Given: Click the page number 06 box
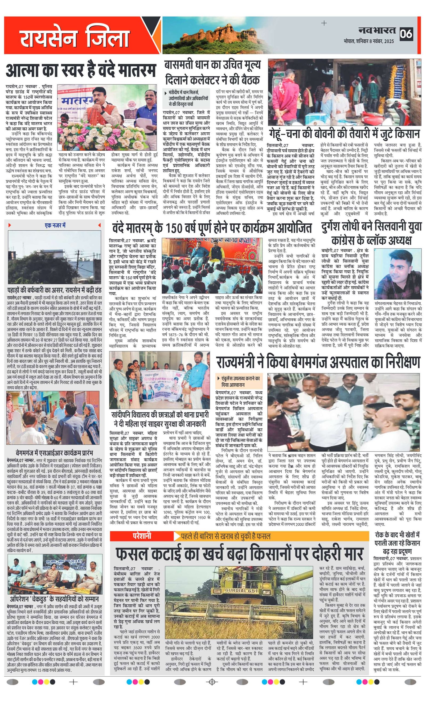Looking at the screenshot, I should (406, 34).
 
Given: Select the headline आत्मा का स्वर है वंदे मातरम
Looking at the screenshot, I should (81, 70).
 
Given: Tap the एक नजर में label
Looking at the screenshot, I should (55, 226).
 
